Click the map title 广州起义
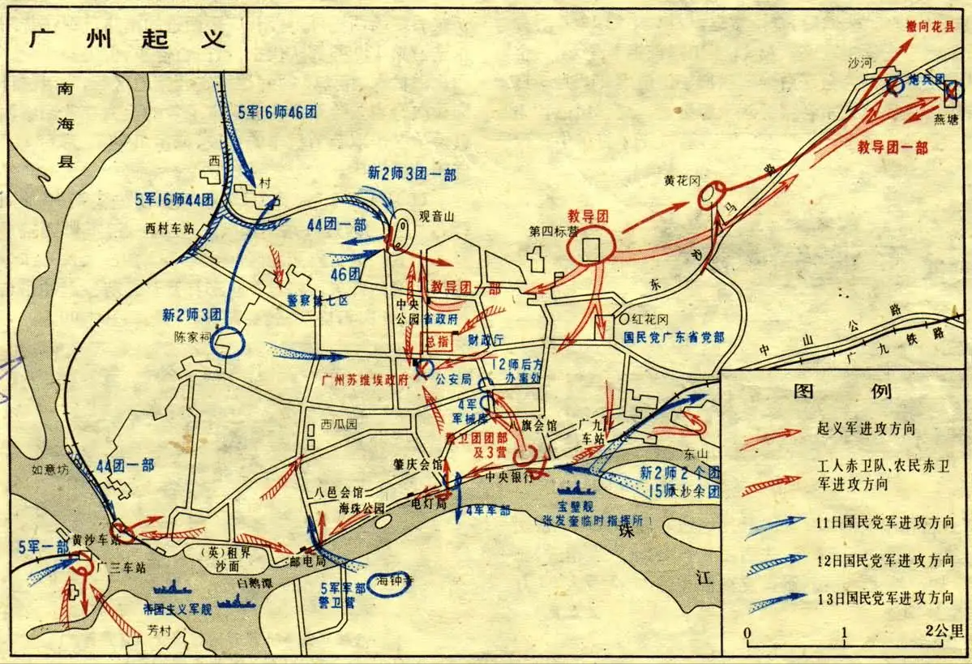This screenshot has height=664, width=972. [x=127, y=40]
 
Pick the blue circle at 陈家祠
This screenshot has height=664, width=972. [x=227, y=342]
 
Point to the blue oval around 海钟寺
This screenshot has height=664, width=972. [x=390, y=584]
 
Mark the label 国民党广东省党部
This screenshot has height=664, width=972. [x=674, y=335]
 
